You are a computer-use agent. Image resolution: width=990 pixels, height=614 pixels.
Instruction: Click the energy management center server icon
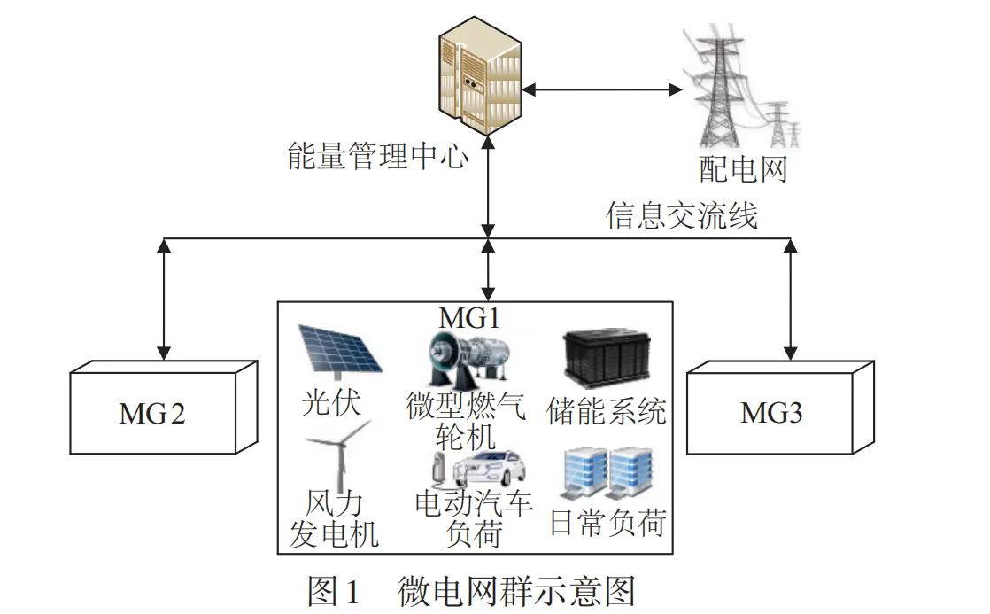point(481,76)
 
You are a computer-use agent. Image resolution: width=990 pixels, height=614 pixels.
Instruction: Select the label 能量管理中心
point(378,156)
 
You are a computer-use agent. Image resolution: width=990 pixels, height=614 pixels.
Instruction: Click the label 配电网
point(744,169)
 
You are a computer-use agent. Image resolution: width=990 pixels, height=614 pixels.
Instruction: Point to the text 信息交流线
point(682,215)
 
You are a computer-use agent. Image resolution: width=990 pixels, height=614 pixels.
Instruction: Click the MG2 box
point(164,408)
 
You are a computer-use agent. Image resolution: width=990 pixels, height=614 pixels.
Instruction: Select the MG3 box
point(780,408)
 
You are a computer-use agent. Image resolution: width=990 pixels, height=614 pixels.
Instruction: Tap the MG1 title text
point(469,318)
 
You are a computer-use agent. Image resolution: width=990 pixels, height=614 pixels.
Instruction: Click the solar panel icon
point(340,351)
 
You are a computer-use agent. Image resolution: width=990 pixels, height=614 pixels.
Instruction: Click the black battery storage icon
point(607,356)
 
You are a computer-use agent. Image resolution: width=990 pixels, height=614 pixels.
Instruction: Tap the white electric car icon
point(479,469)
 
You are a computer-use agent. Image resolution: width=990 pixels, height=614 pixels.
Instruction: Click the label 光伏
point(331,402)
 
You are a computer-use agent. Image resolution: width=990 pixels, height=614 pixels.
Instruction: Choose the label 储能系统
point(606,411)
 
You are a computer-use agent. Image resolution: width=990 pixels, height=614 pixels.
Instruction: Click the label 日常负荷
point(608,523)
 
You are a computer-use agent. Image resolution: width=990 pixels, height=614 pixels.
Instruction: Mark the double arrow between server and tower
point(603,89)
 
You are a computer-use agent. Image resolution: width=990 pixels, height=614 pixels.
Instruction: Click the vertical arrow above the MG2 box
point(164,299)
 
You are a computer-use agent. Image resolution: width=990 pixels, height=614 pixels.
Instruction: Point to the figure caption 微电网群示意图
point(516,592)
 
